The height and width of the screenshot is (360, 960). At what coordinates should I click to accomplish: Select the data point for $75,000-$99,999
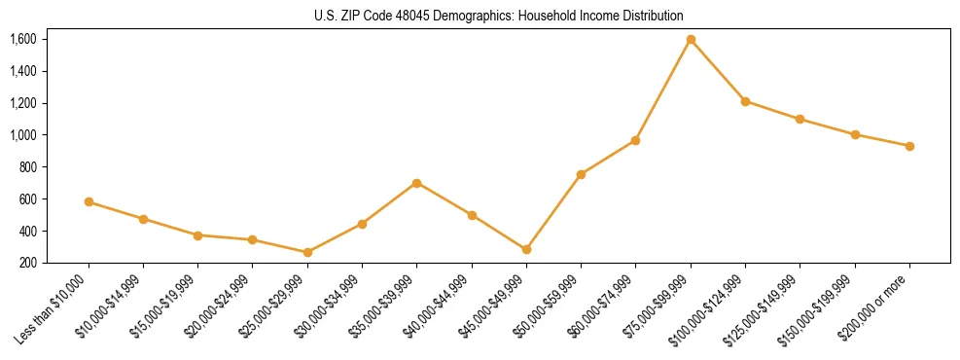coord(691,40)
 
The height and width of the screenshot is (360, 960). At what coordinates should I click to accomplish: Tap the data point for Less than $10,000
coord(89,202)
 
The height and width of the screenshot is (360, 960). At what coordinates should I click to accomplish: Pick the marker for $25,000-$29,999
coord(307,253)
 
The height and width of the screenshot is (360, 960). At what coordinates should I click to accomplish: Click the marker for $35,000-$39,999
coord(416,183)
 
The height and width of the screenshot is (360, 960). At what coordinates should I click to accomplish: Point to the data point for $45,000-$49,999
coord(526,250)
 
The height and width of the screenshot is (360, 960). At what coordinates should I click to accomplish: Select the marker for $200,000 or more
coord(909,146)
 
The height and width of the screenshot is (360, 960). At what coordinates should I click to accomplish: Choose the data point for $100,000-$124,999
coord(745,101)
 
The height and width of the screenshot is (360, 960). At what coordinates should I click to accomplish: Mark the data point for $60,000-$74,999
coord(635,141)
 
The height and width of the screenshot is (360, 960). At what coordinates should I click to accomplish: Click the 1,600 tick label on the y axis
coord(23,40)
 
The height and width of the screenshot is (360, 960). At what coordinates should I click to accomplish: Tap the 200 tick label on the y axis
coord(27,263)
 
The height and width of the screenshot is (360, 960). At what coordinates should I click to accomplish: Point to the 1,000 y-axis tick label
coord(23,135)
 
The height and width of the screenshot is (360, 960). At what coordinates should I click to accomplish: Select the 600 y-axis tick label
coord(27,199)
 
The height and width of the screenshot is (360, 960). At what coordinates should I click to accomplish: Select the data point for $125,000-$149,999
coord(800,120)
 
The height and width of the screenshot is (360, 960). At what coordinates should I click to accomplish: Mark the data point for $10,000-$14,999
coord(143,219)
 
